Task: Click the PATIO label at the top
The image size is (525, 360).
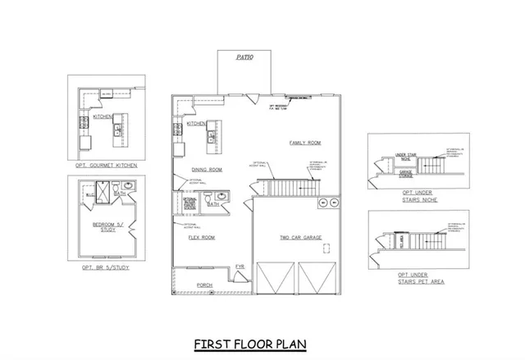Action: (244, 57)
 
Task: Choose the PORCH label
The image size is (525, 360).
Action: (204, 285)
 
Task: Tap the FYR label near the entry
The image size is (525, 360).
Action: (240, 267)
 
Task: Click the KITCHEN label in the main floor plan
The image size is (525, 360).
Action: (196, 124)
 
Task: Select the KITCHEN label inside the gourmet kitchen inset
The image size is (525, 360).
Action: (102, 116)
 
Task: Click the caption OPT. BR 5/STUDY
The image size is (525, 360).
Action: (106, 268)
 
